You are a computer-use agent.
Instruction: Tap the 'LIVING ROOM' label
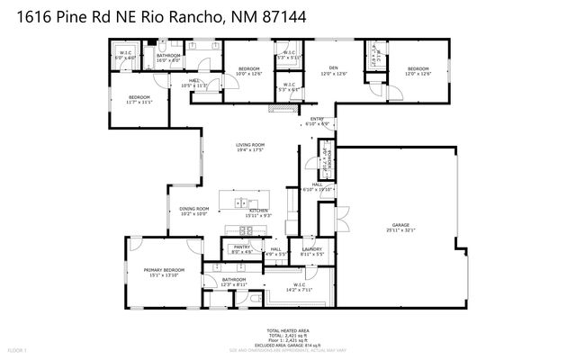click(250, 145)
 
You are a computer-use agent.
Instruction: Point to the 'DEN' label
click(332, 68)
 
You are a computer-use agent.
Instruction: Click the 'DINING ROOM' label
click(193, 209)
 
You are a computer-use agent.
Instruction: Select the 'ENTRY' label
click(318, 119)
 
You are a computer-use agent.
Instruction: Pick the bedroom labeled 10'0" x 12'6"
click(249, 69)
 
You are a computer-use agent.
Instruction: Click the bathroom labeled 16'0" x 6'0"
click(168, 57)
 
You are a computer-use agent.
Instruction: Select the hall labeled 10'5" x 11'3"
click(195, 81)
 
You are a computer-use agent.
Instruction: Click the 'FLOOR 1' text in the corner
click(17, 349)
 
